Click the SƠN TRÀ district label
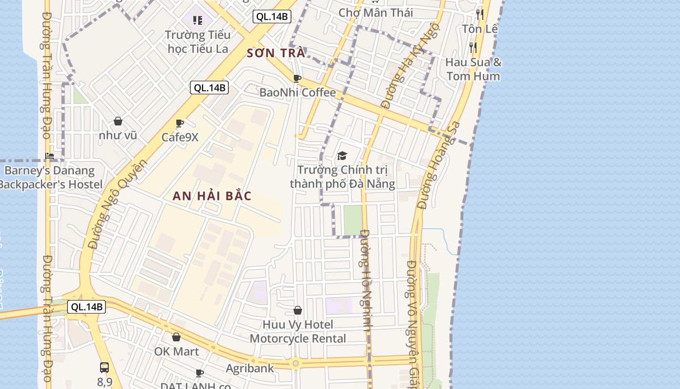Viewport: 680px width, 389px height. point(276,53)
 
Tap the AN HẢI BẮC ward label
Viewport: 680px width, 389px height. point(213,196)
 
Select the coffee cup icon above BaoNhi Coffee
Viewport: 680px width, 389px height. point(297,78)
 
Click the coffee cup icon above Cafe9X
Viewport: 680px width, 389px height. point(180,124)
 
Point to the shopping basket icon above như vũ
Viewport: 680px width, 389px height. point(118,121)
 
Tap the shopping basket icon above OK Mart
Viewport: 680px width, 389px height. point(176,337)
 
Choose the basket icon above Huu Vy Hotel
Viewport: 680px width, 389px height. point(298,310)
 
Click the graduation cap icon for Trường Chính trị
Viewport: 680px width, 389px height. point(342,156)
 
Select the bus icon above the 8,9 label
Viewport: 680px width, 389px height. point(104,368)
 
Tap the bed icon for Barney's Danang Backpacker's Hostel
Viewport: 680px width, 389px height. point(50,156)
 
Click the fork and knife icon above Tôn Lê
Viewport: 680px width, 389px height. point(480,14)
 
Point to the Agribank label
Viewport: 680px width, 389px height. point(250,368)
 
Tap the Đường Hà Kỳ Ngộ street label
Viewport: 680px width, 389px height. point(409,66)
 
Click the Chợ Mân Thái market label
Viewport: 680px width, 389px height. point(375,13)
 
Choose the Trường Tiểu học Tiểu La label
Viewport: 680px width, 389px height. point(198,41)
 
